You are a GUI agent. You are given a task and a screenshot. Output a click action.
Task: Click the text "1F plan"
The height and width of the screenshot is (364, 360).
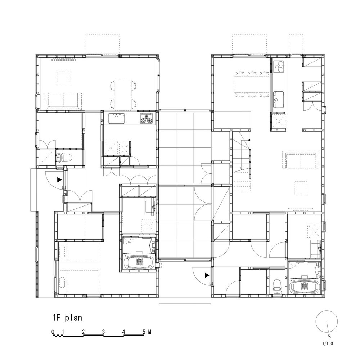click(67, 318)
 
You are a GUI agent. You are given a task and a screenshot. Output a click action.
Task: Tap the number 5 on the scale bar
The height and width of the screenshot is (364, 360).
click(144, 332)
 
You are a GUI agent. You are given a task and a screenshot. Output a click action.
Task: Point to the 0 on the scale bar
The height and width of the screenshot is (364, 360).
click(53, 332)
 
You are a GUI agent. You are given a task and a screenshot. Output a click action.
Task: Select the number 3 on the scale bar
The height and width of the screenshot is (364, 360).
click(103, 332)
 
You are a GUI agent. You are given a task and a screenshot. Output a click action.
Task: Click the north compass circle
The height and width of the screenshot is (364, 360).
click(327, 321)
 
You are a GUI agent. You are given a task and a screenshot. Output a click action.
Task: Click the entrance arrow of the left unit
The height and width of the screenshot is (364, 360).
click(59, 179)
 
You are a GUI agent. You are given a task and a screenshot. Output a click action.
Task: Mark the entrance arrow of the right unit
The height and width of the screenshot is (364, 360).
click(207, 275)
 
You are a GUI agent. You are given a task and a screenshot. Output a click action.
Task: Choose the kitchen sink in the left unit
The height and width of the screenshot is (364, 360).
click(116, 119)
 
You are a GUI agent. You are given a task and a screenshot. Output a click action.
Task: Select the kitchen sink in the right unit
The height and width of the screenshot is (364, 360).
click(279, 100)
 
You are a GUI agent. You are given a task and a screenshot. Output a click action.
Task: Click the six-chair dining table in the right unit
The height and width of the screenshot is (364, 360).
click(252, 84)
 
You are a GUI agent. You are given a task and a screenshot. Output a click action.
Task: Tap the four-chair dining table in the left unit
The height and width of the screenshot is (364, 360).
click(123, 95)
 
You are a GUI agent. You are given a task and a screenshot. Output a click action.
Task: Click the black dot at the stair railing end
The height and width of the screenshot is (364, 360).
click(249, 140)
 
